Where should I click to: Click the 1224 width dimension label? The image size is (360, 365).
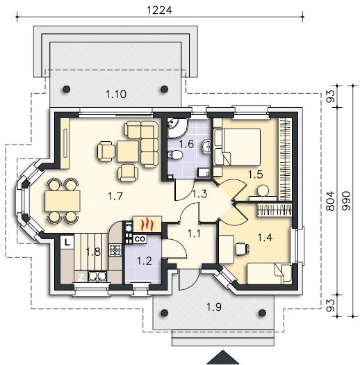(x=160, y=10)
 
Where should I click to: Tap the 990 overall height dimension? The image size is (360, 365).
(x=346, y=201)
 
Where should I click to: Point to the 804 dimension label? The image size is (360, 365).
(x=330, y=201)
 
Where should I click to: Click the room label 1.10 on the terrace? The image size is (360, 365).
(x=116, y=95)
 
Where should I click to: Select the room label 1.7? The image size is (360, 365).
(x=115, y=196)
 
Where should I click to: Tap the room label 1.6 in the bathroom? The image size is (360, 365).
(x=186, y=144)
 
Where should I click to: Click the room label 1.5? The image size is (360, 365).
(x=256, y=175)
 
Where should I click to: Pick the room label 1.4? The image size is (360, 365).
(x=265, y=238)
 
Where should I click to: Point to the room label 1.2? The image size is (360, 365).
(x=145, y=261)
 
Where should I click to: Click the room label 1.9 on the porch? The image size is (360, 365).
(x=214, y=307)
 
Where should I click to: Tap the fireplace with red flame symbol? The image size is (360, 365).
(x=147, y=224)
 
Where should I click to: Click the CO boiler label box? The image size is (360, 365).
(x=140, y=239)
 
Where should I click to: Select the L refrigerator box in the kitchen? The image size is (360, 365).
(x=67, y=243)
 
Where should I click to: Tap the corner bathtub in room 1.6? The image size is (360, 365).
(x=177, y=128)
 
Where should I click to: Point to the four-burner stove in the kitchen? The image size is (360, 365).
(x=115, y=250)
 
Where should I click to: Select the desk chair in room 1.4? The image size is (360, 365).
(x=243, y=249)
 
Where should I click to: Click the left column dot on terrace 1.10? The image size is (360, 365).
(x=67, y=89)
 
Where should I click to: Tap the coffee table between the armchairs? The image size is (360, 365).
(x=128, y=152)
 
